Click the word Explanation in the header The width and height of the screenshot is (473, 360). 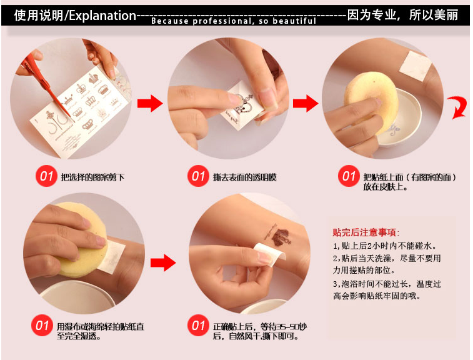(103, 16)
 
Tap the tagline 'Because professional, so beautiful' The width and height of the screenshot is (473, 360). (234, 21)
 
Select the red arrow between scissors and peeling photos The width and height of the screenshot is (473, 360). (150, 104)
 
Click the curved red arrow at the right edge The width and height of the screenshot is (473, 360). (458, 107)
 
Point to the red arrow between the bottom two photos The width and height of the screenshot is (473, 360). (163, 262)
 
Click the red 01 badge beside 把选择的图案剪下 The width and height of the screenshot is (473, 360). (46, 176)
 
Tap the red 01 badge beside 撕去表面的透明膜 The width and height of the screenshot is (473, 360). (198, 176)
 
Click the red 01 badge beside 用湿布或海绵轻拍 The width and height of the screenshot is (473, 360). (42, 325)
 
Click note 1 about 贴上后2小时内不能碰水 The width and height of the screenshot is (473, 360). (385, 246)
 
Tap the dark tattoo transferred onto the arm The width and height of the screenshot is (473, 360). (279, 236)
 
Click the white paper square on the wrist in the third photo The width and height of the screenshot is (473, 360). (416, 66)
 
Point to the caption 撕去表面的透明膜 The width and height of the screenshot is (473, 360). (245, 177)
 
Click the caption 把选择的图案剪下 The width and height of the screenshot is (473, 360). (92, 177)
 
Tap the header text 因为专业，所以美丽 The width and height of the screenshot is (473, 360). (402, 15)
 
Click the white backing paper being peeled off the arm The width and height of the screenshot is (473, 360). (270, 255)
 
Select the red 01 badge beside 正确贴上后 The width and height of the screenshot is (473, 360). (198, 325)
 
